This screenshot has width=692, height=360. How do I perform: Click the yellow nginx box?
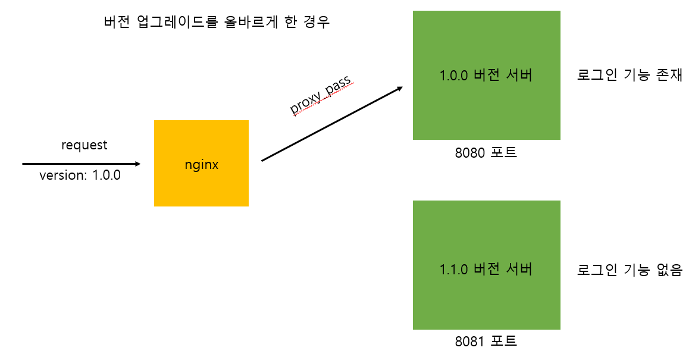coord(201,164)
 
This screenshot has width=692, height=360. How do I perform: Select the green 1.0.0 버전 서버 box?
coord(486,76)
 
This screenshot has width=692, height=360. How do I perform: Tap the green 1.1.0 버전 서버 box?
coord(486,265)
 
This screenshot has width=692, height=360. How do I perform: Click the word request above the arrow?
coord(84,145)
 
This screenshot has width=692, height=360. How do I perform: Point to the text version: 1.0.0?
coord(80,176)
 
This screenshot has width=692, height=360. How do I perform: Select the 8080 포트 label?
coord(486,152)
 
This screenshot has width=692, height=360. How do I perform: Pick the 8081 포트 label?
coord(486,342)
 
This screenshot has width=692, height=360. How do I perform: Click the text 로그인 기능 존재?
coord(629,76)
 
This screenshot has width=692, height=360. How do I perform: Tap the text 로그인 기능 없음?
coord(629,269)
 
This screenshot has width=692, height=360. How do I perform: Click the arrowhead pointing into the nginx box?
coord(137,163)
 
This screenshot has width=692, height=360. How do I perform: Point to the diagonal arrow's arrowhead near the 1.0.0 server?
coord(399,89)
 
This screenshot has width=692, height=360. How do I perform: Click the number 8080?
coord(470,152)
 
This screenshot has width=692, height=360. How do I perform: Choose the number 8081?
coord(470,342)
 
